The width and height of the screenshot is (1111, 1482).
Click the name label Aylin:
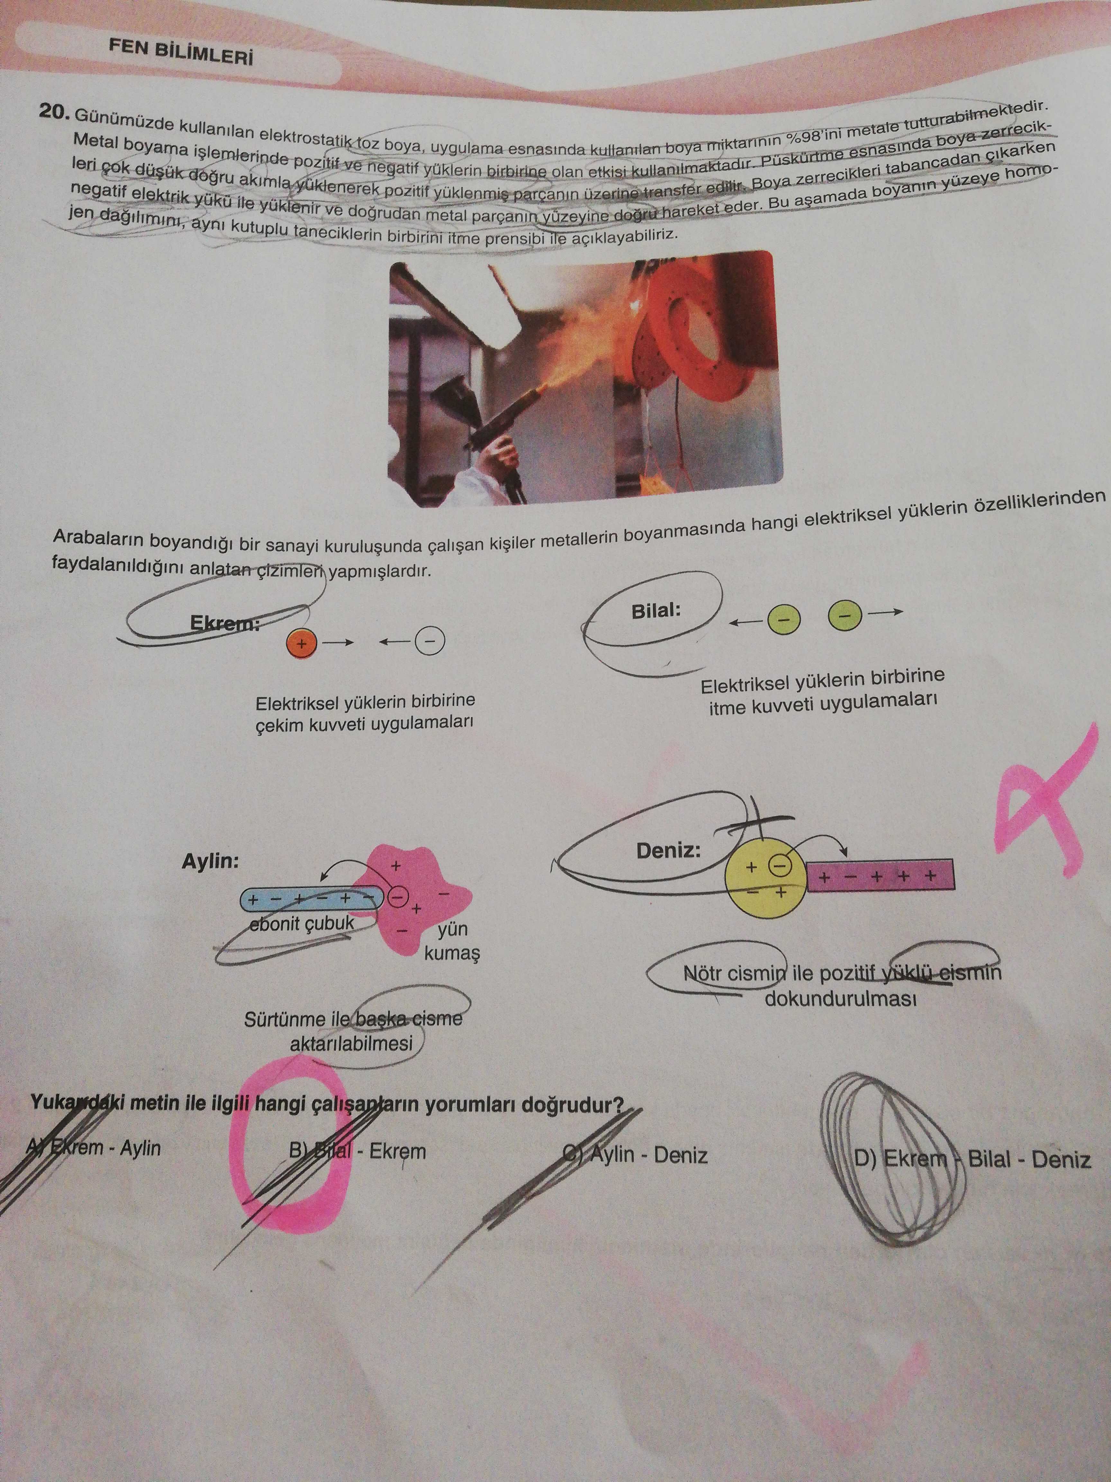[210, 861]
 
